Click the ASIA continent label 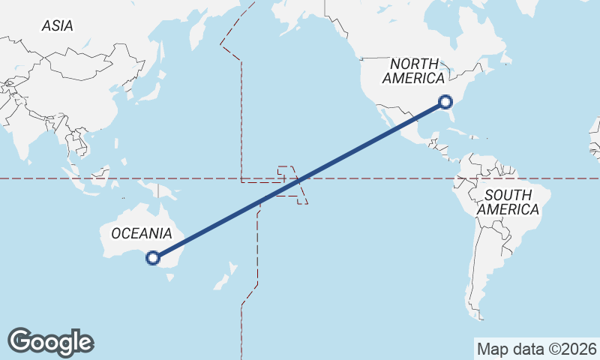click(x=58, y=25)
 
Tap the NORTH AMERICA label click(x=413, y=71)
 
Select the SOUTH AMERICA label click(x=508, y=202)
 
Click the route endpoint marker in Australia click(x=152, y=259)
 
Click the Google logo click(x=50, y=341)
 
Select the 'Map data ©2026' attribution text click(x=536, y=349)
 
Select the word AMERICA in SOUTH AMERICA click(x=508, y=210)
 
